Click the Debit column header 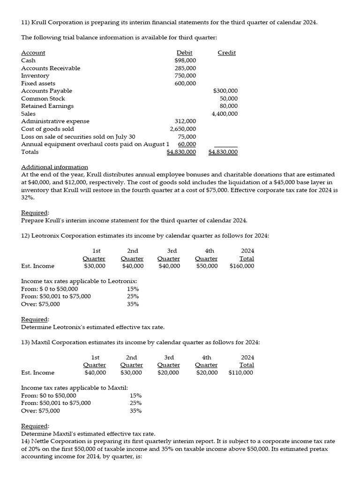184,53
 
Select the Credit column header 227,53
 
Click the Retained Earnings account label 47,106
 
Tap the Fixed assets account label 38,83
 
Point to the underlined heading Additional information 54,167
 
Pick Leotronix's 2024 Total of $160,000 242,266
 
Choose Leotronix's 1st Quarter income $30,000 95,266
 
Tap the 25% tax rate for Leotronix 133,296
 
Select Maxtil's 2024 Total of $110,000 240,373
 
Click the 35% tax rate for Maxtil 135,411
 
